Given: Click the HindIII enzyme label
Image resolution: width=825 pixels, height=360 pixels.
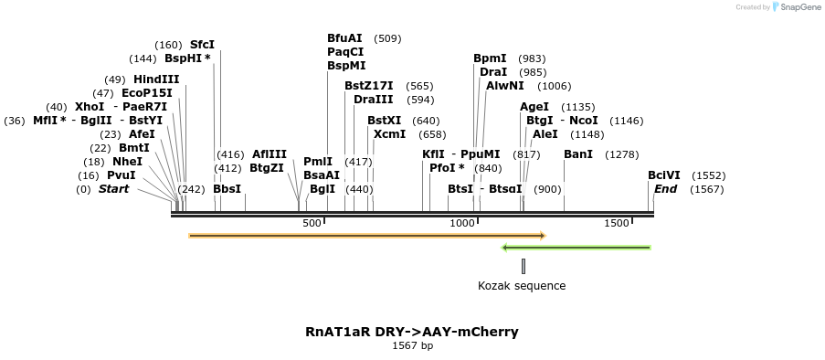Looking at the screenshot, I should point(156,79).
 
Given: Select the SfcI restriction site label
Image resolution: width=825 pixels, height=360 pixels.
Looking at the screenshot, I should point(202,45).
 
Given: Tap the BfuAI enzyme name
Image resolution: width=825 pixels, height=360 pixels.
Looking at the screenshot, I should point(344,38).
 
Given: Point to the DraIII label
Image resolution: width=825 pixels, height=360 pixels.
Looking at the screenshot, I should point(374,100).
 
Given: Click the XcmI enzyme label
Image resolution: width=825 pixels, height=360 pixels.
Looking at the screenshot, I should point(390,134).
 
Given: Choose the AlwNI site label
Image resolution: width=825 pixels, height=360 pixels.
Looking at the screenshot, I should point(505,86).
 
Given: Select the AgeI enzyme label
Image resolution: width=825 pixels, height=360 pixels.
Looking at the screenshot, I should point(534,107).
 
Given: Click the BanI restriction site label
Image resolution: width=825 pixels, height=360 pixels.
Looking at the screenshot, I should point(578,154).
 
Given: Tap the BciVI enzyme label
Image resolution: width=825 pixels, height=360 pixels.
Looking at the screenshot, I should point(664,175).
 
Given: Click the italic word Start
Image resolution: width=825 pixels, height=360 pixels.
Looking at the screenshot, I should point(114,189).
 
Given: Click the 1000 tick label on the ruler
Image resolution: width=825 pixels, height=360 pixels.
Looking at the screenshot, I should point(463,224).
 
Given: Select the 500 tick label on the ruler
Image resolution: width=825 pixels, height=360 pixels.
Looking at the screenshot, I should point(312,224).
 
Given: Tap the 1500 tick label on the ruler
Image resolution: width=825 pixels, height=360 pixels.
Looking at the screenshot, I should point(617,224).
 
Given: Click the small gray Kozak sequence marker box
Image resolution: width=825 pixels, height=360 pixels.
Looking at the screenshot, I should point(524,266).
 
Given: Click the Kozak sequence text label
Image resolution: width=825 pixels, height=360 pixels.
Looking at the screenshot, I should point(522,286).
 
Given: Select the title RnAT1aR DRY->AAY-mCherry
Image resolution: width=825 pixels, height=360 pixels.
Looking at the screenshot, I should point(412,332).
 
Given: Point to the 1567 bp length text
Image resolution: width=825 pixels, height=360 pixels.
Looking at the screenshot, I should point(412,346).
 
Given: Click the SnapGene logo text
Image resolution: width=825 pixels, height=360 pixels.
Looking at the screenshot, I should point(798,7).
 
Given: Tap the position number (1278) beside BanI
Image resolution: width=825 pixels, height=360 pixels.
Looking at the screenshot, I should point(621,154).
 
